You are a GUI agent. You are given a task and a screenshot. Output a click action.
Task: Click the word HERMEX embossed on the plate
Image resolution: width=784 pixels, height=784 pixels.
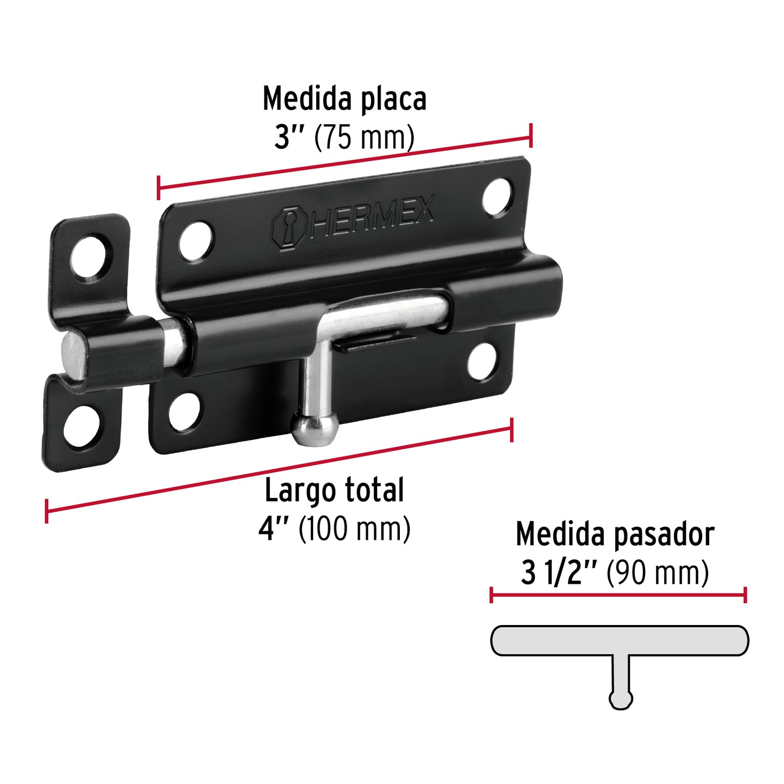click(373, 218)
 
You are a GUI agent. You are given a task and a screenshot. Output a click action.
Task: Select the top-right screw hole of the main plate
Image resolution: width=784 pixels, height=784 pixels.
click(498, 197)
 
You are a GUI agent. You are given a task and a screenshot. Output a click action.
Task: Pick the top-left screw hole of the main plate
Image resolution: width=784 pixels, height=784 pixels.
click(196, 241)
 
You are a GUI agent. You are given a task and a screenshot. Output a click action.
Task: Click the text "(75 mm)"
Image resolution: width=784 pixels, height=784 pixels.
click(364, 138)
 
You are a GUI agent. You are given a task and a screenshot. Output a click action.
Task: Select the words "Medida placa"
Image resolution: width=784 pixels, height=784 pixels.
click(345, 99)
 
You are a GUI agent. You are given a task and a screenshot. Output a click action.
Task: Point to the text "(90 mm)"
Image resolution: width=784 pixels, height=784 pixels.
click(658, 573)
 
